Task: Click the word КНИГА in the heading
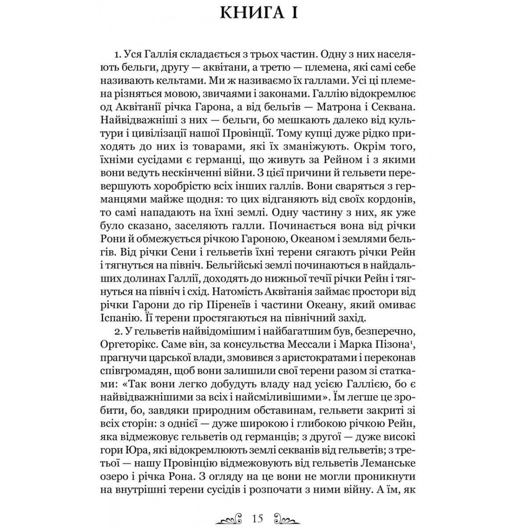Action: coord(250,14)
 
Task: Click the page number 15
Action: coord(258,506)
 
